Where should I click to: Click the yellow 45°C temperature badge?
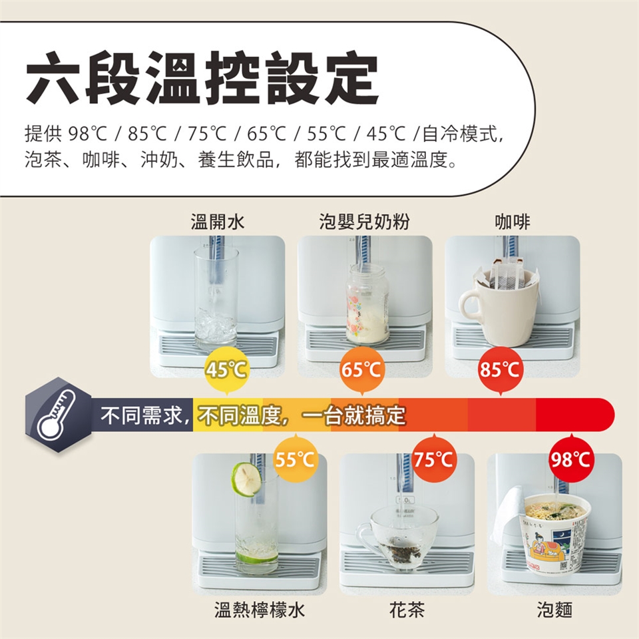226,370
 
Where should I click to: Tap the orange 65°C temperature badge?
361,370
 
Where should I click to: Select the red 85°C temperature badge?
500,370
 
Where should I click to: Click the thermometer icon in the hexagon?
57,415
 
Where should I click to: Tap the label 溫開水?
218,222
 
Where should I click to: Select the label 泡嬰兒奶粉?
364,222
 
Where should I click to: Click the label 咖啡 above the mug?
513,222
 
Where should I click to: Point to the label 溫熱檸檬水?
260,610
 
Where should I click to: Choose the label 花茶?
407,610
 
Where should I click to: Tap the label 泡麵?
554,610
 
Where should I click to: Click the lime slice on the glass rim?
247,479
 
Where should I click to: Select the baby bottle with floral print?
367,304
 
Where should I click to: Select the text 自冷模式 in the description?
460,133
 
